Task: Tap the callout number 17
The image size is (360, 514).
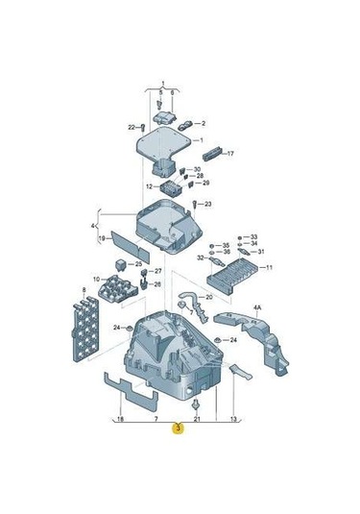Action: pos(230,152)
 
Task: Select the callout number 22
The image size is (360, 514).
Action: pos(131,127)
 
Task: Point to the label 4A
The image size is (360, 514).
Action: pos(257,308)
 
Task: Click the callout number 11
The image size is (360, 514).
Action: pos(269,268)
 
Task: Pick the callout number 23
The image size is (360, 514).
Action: pos(208,205)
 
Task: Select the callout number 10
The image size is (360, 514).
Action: pos(95,280)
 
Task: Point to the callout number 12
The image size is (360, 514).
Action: pos(149,186)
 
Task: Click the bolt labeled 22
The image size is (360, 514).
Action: pos(142,126)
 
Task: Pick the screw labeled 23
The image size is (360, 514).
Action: pos(195,206)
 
